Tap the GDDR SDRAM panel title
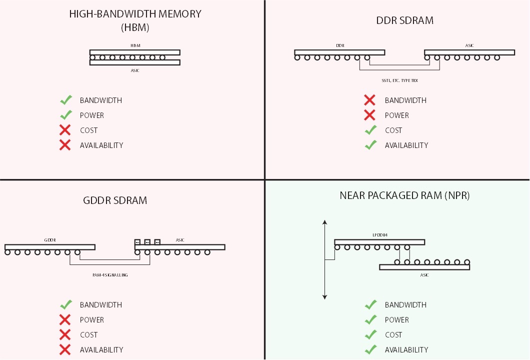point(115,200)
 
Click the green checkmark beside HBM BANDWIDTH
point(65,100)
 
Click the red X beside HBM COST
point(65,130)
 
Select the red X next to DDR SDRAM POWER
point(369,115)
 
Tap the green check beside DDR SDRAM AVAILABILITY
point(370,145)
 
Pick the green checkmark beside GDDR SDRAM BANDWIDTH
point(65,304)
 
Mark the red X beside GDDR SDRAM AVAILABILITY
point(65,350)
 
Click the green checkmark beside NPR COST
point(370,334)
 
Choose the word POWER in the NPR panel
point(396,320)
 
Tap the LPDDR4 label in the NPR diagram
point(379,234)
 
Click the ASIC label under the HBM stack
point(135,70)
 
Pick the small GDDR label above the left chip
point(49,240)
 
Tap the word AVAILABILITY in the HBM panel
point(101,145)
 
